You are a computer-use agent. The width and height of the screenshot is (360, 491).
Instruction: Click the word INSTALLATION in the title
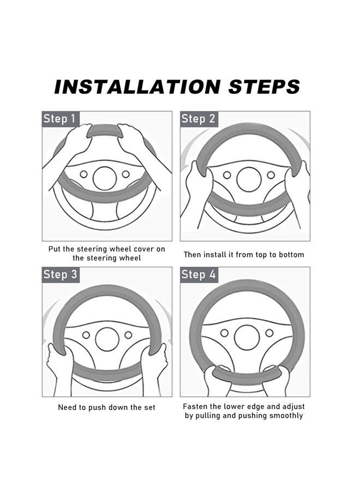[x=137, y=87]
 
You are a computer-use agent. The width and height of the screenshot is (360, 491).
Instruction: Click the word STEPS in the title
[x=264, y=87]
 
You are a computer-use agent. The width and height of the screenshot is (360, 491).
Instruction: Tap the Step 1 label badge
[x=61, y=119]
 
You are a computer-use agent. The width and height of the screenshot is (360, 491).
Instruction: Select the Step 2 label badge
[x=199, y=119]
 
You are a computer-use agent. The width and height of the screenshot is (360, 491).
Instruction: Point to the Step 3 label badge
[x=61, y=274]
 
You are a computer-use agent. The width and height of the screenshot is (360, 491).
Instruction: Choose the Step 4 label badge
[x=199, y=274]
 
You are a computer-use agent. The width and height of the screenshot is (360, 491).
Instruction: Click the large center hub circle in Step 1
[x=105, y=178]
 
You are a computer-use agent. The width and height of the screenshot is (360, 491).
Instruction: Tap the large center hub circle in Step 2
[x=249, y=179]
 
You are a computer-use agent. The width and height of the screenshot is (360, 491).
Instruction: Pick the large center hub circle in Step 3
[x=107, y=339]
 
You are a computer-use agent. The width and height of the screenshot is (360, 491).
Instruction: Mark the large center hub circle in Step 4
[x=247, y=337]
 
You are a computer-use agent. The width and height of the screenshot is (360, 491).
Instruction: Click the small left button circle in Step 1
[x=83, y=174]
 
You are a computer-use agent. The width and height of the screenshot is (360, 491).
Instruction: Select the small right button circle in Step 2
[x=271, y=175]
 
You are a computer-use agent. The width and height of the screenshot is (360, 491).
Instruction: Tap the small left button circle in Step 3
[x=86, y=335]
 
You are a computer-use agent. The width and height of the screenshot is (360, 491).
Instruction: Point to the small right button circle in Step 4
[x=269, y=333]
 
